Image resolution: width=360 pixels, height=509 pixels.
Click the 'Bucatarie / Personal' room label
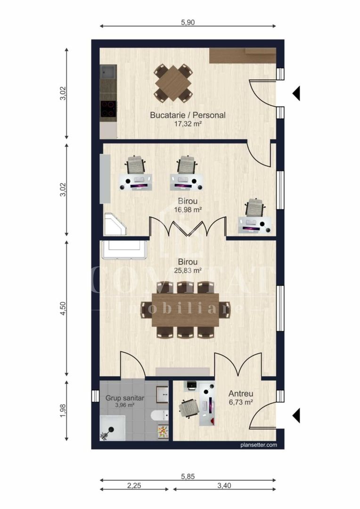point(188,115)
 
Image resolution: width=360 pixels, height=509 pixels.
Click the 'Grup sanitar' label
point(125,398)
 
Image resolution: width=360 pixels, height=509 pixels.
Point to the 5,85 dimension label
point(188,476)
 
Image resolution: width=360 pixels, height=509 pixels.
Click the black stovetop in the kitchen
point(108,109)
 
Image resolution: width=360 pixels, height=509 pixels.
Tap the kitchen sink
point(108,73)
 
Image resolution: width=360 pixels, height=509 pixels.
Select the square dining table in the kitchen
point(173,83)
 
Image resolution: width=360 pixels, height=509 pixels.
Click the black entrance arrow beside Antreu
point(296,416)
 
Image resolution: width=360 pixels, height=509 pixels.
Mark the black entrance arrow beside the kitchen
point(296,93)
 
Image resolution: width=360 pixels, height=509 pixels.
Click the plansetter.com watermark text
point(258,444)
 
